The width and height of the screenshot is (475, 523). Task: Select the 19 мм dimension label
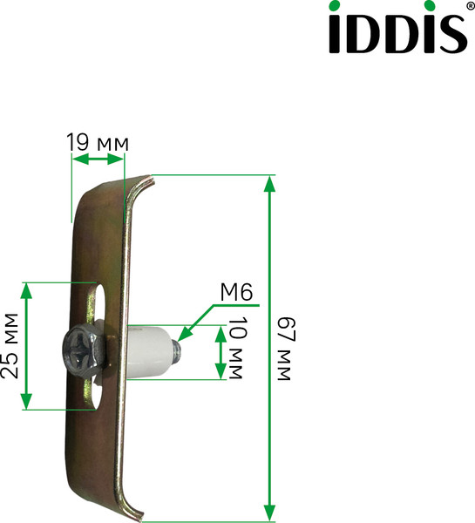coord(98,142)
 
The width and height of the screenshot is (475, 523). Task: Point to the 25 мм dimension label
coord(11,345)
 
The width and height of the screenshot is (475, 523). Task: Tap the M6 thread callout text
coord(235,293)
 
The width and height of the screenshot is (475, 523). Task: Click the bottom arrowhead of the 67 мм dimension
coord(271,513)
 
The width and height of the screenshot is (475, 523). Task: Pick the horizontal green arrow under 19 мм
coord(97,159)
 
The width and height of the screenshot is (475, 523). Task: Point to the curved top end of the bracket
coord(139,187)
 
